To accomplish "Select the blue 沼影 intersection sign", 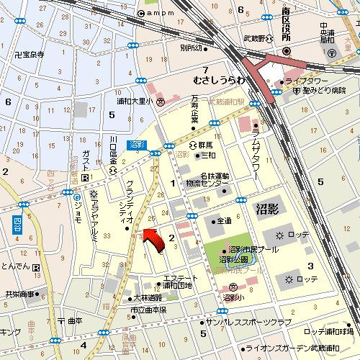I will coord(137,145).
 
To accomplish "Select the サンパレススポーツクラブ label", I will coord(249,323).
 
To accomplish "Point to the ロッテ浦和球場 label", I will coord(328,331).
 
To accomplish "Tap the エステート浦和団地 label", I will coord(177,282).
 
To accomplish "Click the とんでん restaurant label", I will coord(16,266).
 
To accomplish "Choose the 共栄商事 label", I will coord(20,294).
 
